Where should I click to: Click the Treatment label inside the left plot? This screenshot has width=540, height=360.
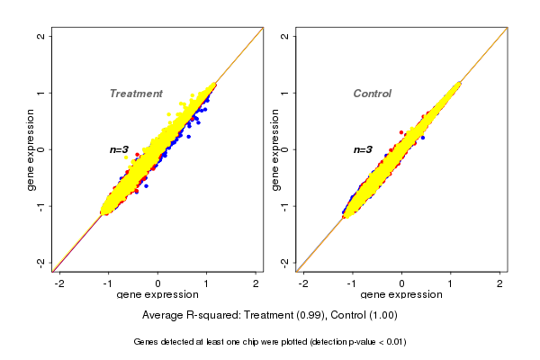point(136,94)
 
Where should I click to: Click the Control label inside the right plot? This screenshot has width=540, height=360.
point(373,94)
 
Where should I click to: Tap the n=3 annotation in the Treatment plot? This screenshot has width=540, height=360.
point(121,149)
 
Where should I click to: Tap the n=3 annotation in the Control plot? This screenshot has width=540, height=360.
point(363,149)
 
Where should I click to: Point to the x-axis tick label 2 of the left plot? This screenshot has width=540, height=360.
point(256,283)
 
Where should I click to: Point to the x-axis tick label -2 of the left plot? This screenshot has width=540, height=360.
point(59,283)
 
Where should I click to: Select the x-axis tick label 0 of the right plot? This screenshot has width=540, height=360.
point(402,283)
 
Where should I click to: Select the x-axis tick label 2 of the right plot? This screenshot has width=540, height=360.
point(500,283)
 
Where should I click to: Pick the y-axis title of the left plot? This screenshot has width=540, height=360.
point(31,149)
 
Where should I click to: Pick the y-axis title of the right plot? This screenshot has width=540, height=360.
point(275,149)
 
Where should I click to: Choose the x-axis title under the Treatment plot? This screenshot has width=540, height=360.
point(158,295)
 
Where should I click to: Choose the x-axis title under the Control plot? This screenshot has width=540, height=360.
point(402,295)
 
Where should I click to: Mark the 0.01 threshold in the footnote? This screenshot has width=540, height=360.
point(395,342)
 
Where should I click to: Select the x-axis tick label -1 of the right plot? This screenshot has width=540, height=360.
point(352,283)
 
